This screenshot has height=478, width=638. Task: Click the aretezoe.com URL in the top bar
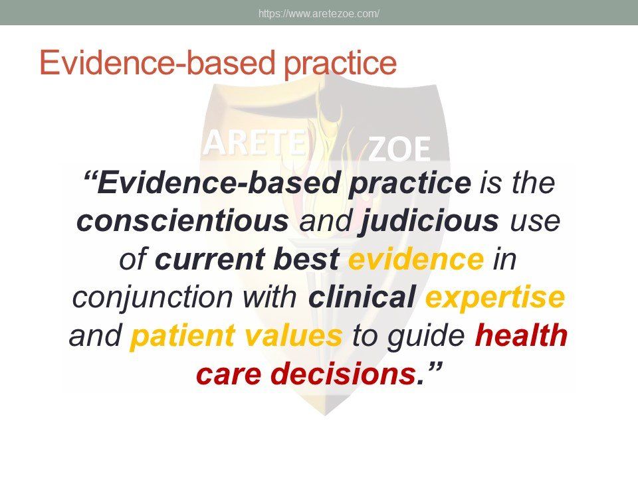click(x=319, y=13)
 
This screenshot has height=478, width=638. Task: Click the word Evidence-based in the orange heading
click(x=158, y=62)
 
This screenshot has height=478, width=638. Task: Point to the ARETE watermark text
click(x=255, y=143)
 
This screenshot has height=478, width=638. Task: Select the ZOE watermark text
click(x=399, y=149)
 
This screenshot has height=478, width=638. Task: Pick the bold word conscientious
click(x=182, y=220)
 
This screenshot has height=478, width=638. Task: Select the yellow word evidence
click(x=416, y=258)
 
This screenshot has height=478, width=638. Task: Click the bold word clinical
click(x=362, y=297)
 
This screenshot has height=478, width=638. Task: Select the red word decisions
click(x=343, y=373)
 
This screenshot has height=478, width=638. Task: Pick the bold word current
click(x=211, y=260)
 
